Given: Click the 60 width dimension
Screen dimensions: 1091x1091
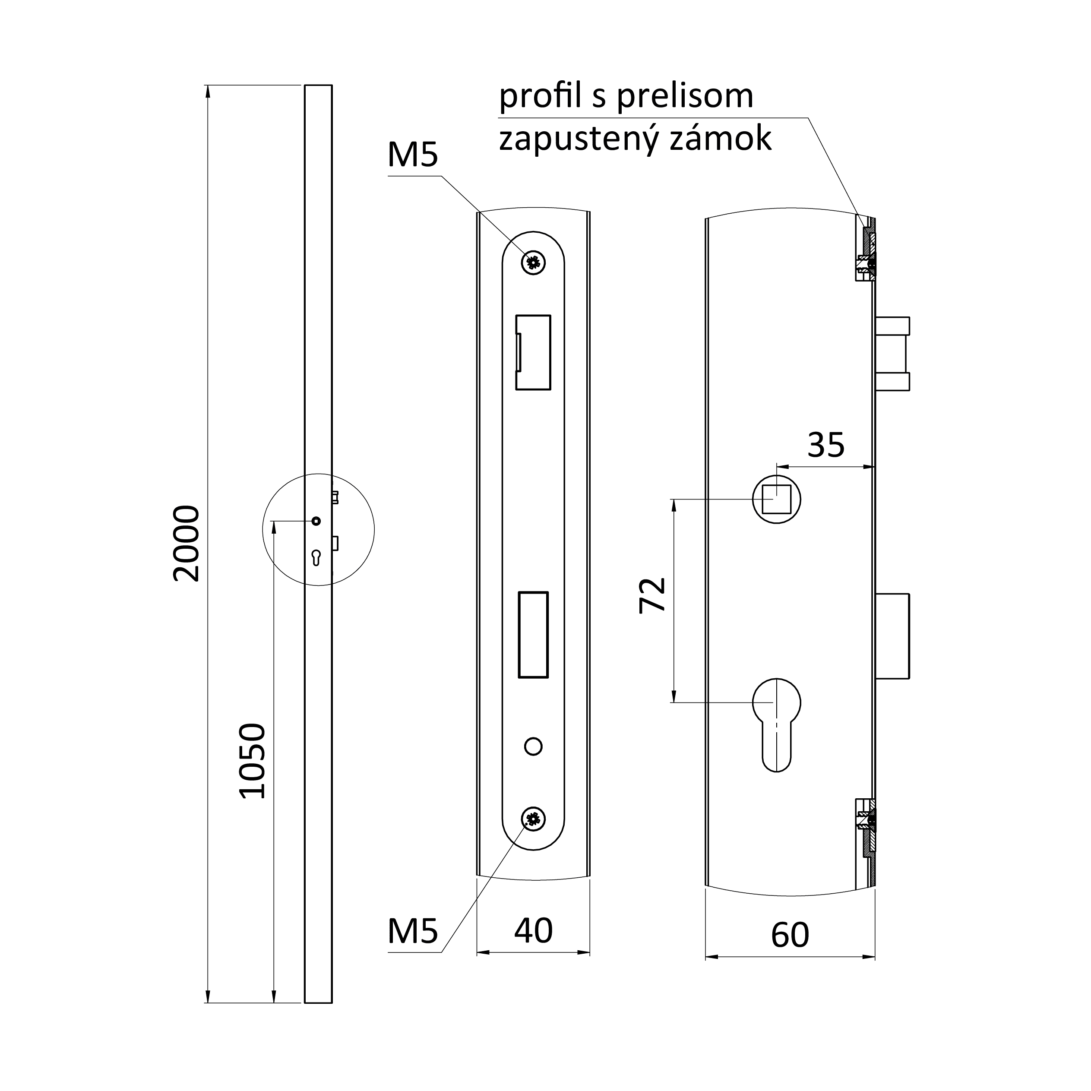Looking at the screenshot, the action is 790,935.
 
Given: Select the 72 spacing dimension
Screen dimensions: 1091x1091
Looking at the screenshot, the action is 653,595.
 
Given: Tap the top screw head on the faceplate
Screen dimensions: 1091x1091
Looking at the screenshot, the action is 533,262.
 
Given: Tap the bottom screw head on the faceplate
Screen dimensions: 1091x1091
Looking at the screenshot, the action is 533,818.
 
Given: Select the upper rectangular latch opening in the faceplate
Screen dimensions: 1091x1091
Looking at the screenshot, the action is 533,352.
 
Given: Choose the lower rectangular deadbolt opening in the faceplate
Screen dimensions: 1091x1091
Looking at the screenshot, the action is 533,635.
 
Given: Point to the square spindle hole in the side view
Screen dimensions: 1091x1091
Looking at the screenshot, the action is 776,499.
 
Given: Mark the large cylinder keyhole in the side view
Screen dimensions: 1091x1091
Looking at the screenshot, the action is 776,725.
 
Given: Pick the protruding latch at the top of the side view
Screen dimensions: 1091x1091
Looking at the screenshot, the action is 892,354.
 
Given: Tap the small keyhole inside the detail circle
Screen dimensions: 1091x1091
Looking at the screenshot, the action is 316,557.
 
